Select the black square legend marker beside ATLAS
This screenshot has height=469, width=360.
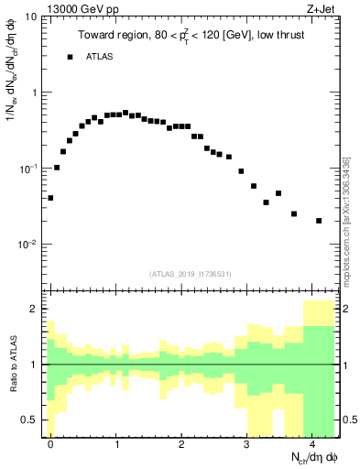click(70, 57)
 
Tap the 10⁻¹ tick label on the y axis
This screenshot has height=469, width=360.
click(27, 169)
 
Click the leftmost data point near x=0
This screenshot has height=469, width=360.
click(50, 198)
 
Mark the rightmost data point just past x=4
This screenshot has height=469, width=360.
click(319, 221)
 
